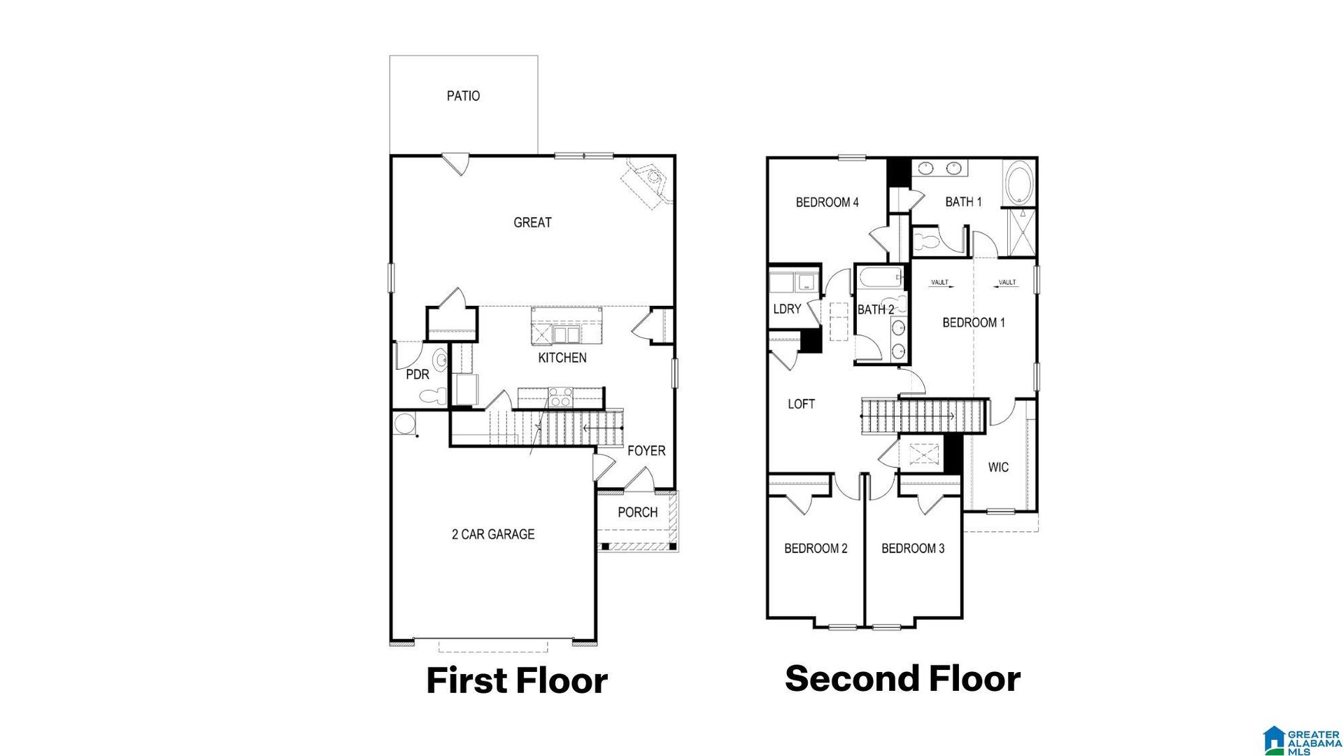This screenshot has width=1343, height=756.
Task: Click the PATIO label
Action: pos(463,96)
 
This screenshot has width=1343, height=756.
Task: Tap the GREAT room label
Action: pos(532,223)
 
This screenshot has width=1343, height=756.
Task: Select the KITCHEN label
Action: pos(562,358)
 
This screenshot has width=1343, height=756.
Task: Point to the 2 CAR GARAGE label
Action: pos(493,534)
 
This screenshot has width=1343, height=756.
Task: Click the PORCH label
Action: pos(637,512)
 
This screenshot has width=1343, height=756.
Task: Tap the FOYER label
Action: pos(646,451)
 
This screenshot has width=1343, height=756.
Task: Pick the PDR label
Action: pos(418,374)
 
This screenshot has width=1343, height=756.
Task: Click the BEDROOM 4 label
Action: pos(827,202)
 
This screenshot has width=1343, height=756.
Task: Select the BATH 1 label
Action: pos(963,202)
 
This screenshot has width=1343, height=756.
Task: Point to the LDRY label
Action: pos(787,309)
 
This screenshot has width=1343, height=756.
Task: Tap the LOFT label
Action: pos(801,404)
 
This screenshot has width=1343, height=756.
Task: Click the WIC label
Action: pos(998,467)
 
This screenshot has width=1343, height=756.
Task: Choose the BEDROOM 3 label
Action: pos(913,548)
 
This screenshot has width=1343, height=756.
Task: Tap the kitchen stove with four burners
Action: pos(560,397)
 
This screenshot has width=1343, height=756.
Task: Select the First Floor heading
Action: pos(517,680)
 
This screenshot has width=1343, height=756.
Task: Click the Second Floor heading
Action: pos(902,678)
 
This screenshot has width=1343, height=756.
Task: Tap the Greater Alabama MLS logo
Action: pos(1302,741)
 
